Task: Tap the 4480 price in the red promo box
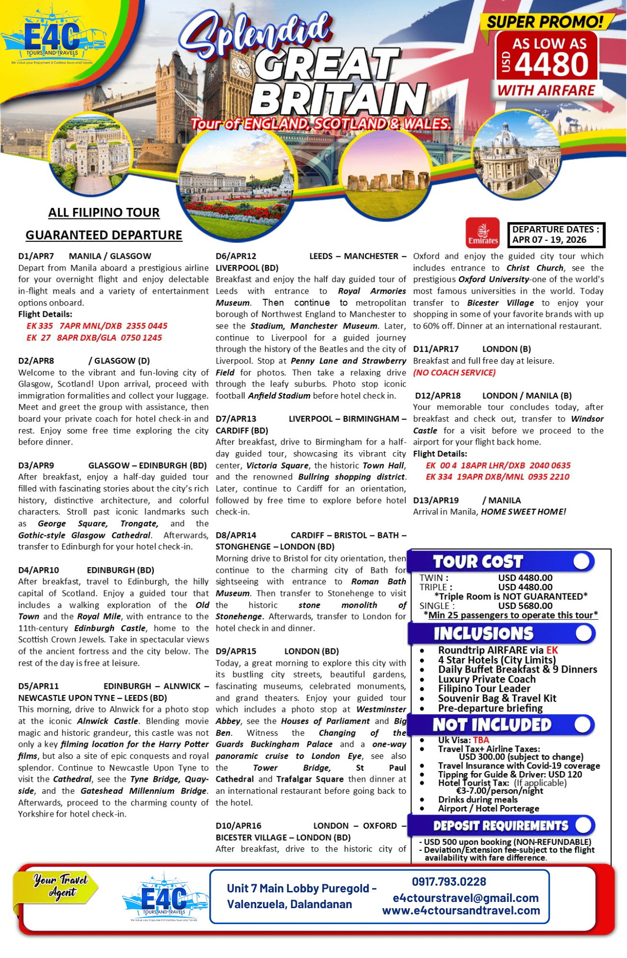coord(552,64)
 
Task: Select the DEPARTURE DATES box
coord(556,235)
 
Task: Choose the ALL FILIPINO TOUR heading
coord(103,213)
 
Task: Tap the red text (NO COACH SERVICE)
coord(454,373)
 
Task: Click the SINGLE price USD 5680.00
coord(525,606)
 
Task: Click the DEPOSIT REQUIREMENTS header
coord(501,826)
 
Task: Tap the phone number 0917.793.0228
coord(449,882)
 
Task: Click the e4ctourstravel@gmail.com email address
coord(465,898)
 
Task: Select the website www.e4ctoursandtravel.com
coord(461,911)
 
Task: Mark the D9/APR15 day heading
coord(236,651)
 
